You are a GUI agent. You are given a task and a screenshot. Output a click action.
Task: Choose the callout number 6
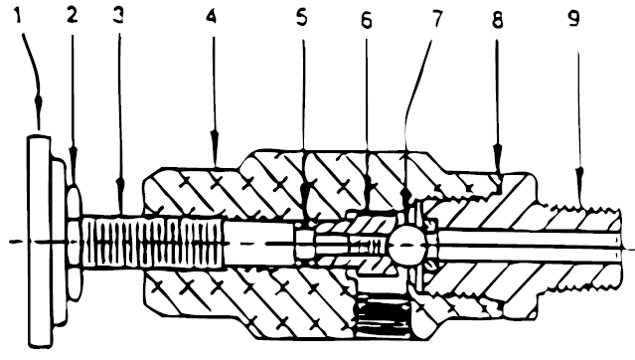point(367,18)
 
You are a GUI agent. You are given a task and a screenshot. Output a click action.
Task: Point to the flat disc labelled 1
point(39,244)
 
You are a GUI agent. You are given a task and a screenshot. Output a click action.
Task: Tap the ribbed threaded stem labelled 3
point(149,243)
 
